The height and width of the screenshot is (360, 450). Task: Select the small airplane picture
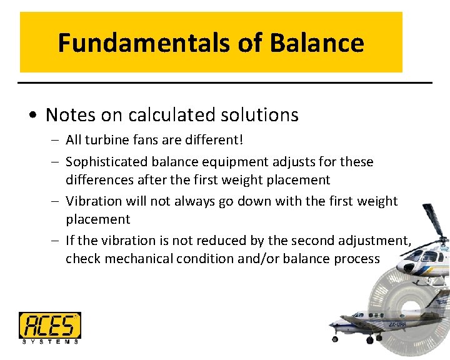[x=369, y=326]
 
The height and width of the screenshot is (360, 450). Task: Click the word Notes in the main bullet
[x=68, y=115]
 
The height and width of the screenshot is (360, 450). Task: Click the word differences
[x=98, y=180]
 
